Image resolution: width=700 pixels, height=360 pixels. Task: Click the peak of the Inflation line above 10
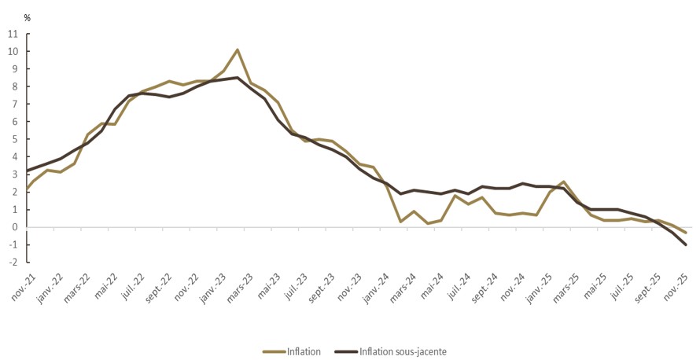pyautogui.click(x=238, y=50)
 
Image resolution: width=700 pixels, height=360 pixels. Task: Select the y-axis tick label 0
pyautogui.click(x=16, y=228)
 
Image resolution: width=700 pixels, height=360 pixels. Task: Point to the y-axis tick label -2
pyautogui.click(x=13, y=263)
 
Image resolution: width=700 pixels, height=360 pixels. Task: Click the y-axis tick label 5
pyautogui.click(x=16, y=140)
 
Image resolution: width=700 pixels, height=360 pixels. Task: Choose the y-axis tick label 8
pyautogui.click(x=16, y=86)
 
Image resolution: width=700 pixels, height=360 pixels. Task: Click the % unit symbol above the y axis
pyautogui.click(x=27, y=17)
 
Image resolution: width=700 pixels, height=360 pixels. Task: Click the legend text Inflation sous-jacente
pyautogui.click(x=403, y=351)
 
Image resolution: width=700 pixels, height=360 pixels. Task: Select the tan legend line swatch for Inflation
pyautogui.click(x=273, y=351)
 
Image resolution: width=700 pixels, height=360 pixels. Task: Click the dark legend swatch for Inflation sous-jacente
pyautogui.click(x=344, y=351)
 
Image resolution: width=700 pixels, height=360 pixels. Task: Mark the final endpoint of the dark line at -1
pyautogui.click(x=686, y=244)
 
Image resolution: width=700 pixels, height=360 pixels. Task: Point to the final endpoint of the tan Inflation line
pyautogui.click(x=686, y=233)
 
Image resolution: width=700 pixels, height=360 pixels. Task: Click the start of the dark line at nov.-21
pyautogui.click(x=27, y=171)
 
